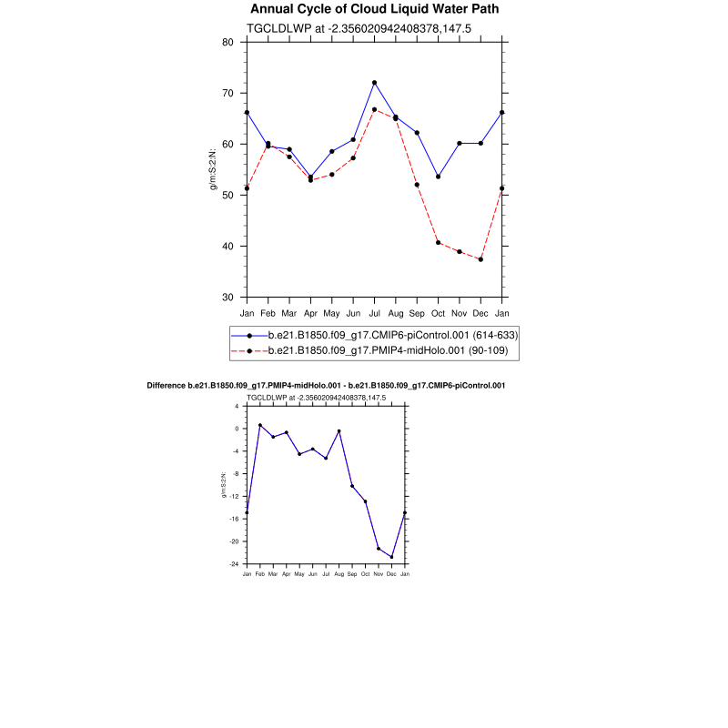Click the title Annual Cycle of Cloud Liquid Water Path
point(374,9)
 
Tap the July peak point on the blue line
point(374,83)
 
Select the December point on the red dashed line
point(480,259)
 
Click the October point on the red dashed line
point(438,242)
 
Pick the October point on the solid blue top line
point(438,177)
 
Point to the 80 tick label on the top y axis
point(227,42)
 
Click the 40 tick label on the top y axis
point(227,247)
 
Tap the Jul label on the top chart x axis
point(374,313)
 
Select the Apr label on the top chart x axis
point(310,313)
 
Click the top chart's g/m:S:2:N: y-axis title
point(214,169)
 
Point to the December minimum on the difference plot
point(391,557)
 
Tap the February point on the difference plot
point(259,425)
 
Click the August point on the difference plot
point(339,430)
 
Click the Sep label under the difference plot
point(352,574)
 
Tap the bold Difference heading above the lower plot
point(326,386)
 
